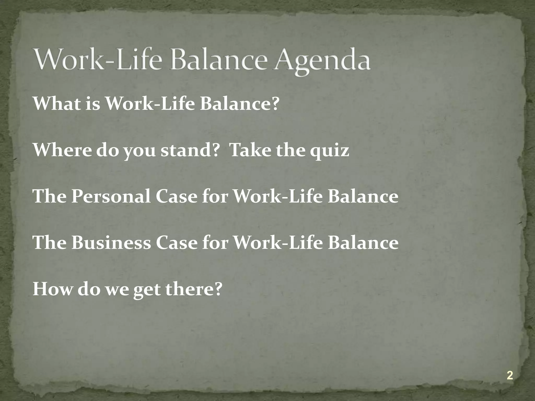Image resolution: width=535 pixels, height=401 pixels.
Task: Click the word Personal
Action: pyautogui.click(x=111, y=196)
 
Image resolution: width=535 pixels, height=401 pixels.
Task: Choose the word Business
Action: pyautogui.click(x=111, y=243)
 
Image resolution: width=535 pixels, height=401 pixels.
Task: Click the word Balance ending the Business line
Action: pyautogui.click(x=363, y=243)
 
